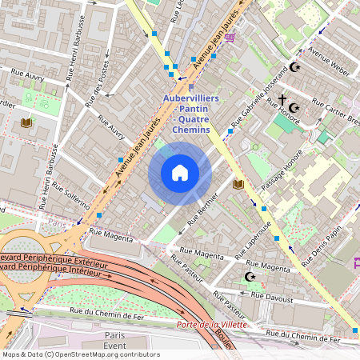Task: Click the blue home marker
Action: pyautogui.click(x=180, y=173)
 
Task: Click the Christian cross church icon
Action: pyautogui.click(x=282, y=102)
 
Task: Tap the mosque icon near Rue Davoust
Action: pyautogui.click(x=251, y=277)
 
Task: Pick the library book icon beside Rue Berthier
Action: pyautogui.click(x=238, y=185)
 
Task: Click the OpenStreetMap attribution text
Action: pyautogui.click(x=80, y=354)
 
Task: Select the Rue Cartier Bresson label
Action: pyautogui.click(x=336, y=113)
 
